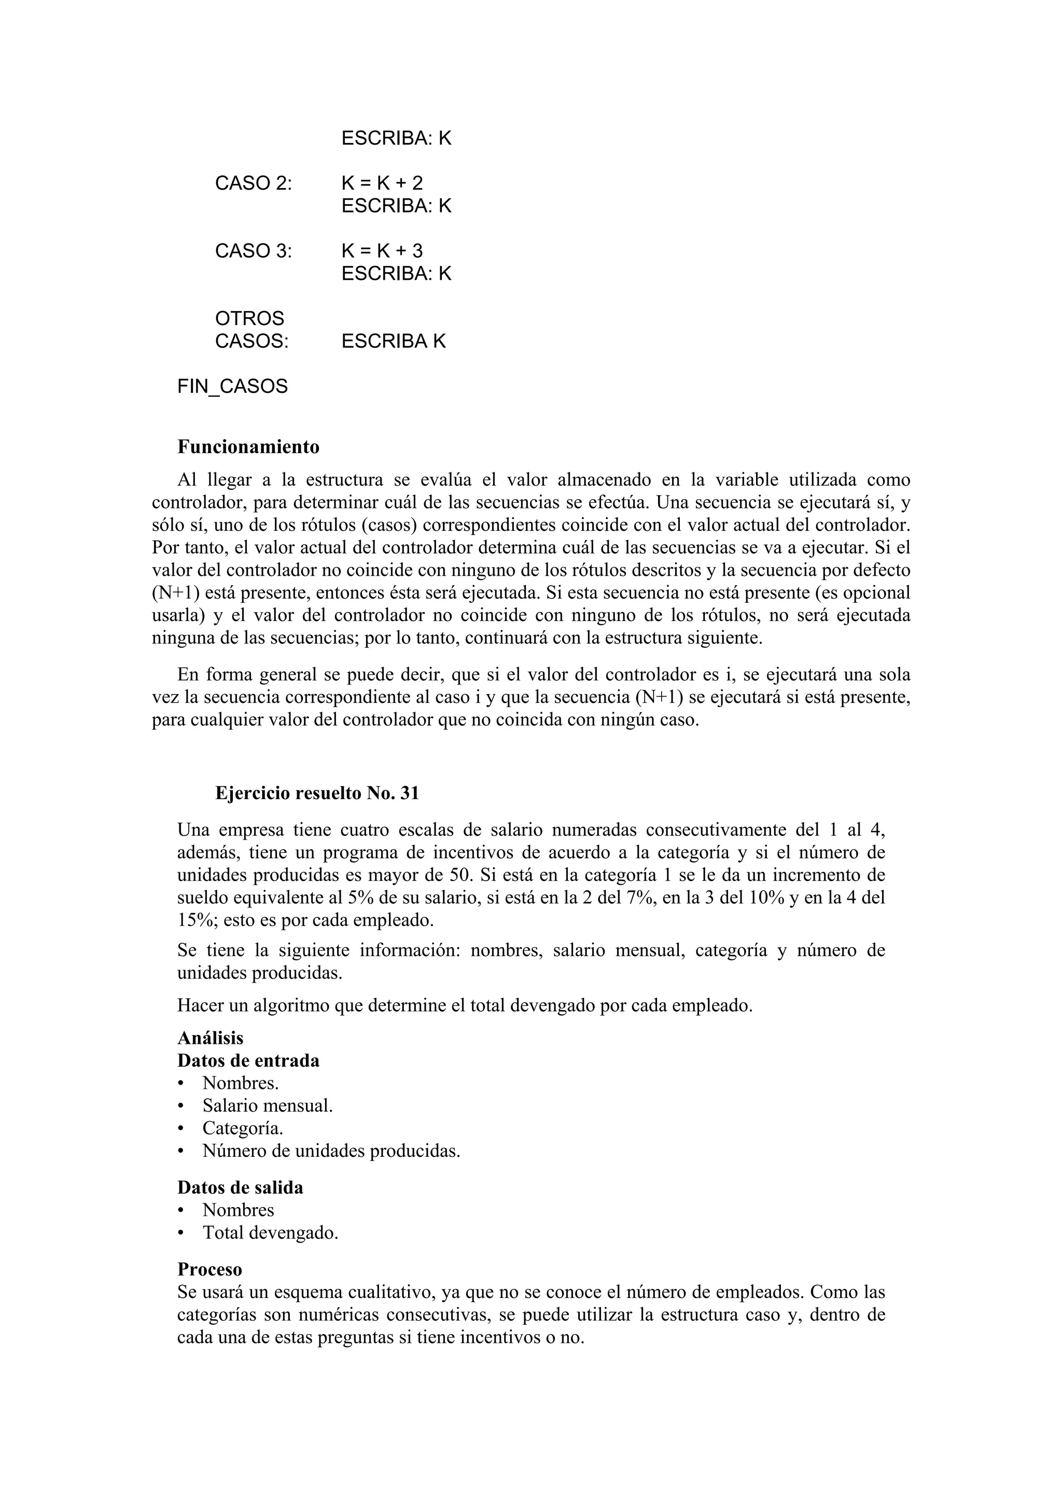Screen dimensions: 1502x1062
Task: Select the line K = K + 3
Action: [x=382, y=250]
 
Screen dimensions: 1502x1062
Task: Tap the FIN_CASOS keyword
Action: [x=232, y=387]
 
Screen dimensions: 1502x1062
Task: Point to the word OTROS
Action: [x=249, y=319]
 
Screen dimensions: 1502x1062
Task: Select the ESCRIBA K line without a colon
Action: [x=393, y=342]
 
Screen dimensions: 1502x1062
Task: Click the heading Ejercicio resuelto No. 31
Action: [x=317, y=793]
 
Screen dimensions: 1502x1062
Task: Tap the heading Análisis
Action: [x=210, y=1038]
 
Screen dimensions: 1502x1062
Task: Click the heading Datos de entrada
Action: [x=248, y=1060]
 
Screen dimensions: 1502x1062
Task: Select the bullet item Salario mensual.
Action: [x=267, y=1106]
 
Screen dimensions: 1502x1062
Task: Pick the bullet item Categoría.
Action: [x=242, y=1128]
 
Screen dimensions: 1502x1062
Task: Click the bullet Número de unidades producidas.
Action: [x=331, y=1151]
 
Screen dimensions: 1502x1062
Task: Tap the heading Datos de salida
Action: [x=240, y=1187]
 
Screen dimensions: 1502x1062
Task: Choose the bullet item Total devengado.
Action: [x=270, y=1232]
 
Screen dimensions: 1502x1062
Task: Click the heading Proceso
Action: [x=209, y=1269]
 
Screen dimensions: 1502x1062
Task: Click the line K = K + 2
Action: [x=382, y=183]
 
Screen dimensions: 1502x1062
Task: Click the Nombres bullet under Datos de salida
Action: [x=237, y=1210]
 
